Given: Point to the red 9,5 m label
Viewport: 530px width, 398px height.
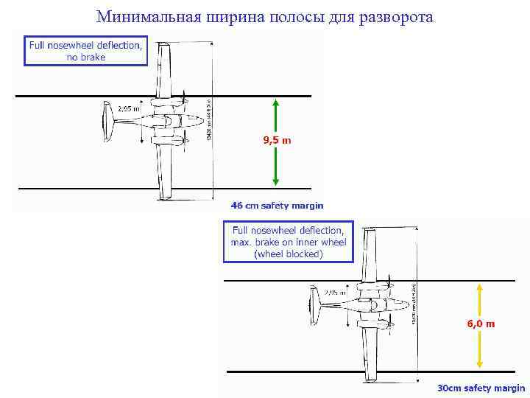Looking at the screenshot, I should [x=277, y=139].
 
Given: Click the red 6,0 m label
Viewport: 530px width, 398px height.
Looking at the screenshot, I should [x=480, y=324].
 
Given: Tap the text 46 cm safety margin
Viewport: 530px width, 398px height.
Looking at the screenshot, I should [x=277, y=205].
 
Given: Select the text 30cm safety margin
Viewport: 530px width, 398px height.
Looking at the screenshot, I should [x=481, y=388].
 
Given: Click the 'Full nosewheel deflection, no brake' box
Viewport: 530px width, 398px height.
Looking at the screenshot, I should [x=85, y=51].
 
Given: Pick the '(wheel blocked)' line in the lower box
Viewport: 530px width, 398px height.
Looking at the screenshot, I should [x=288, y=254].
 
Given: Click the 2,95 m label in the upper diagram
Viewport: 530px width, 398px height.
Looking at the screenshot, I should [x=129, y=108].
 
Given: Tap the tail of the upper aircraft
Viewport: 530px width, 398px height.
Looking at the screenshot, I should [x=107, y=122].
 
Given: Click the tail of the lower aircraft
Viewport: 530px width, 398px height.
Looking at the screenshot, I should [x=314, y=306].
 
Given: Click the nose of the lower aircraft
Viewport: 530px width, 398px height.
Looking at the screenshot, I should [x=407, y=304].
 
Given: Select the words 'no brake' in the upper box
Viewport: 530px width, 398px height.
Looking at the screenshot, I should [x=85, y=57].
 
